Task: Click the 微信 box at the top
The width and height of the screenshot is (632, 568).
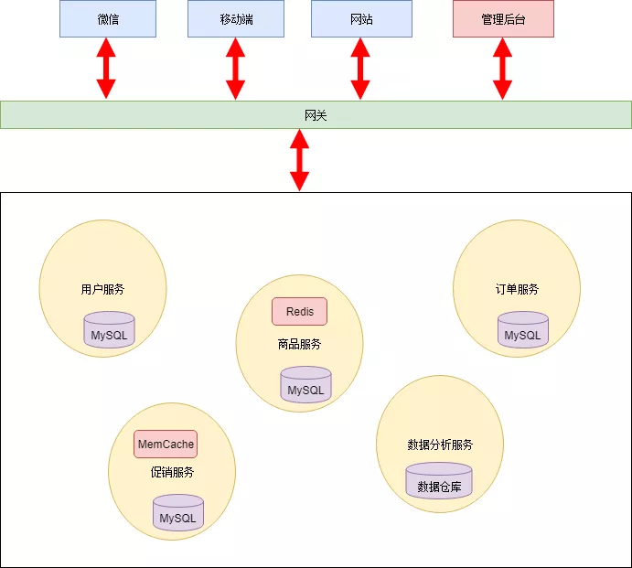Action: click(x=108, y=19)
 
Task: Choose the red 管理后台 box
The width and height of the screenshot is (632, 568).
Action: click(x=503, y=19)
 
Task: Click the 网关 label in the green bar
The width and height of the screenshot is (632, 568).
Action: click(x=316, y=115)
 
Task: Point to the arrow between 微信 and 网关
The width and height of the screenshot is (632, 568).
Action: click(x=107, y=69)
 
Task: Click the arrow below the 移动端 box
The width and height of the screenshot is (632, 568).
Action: click(x=236, y=69)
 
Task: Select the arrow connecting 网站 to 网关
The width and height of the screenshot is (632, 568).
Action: click(x=360, y=69)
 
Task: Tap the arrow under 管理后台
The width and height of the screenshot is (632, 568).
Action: click(x=502, y=69)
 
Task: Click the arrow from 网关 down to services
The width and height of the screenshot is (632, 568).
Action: click(x=299, y=160)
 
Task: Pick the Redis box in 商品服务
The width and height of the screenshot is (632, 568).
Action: click(x=299, y=312)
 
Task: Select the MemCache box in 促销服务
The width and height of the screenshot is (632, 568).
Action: click(x=166, y=445)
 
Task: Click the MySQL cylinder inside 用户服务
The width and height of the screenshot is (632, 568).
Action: click(x=110, y=332)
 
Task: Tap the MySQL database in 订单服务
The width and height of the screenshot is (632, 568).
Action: click(x=523, y=332)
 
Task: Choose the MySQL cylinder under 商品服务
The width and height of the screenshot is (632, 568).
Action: click(x=305, y=386)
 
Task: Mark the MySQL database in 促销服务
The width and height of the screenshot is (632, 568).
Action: click(x=178, y=514)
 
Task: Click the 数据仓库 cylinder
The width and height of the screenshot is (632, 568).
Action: click(x=439, y=483)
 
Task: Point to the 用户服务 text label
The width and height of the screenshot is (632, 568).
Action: click(x=102, y=289)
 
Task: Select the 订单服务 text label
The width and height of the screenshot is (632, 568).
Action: click(x=517, y=289)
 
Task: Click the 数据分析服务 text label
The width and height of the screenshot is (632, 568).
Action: click(x=440, y=445)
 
